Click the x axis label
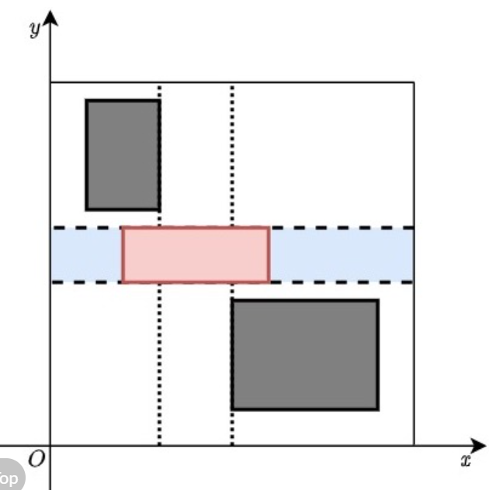pyautogui.click(x=465, y=461)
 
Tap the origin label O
pyautogui.click(x=36, y=460)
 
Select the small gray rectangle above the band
pyautogui.click(x=123, y=155)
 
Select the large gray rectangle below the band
pyautogui.click(x=305, y=354)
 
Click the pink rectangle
pyautogui.click(x=196, y=255)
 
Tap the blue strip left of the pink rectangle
pyautogui.click(x=85, y=255)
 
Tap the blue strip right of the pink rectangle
pyautogui.click(x=342, y=255)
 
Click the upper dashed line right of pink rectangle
pyautogui.click(x=342, y=228)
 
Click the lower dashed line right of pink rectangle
pyautogui.click(x=342, y=282)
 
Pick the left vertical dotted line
pyautogui.click(x=159, y=364)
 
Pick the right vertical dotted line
pyautogui.click(x=232, y=155)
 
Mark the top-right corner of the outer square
pyautogui.click(x=414, y=82)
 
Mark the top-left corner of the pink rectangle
pyautogui.click(x=123, y=228)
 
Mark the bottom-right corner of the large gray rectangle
pyautogui.click(x=378, y=409)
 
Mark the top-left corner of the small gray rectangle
pyautogui.click(x=87, y=101)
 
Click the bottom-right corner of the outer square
pyautogui.click(x=414, y=445)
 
